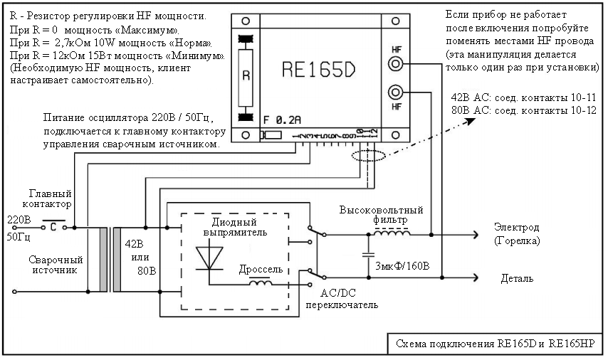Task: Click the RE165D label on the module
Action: (x=320, y=69)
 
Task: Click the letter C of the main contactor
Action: (x=53, y=228)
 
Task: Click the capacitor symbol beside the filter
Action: (x=368, y=253)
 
